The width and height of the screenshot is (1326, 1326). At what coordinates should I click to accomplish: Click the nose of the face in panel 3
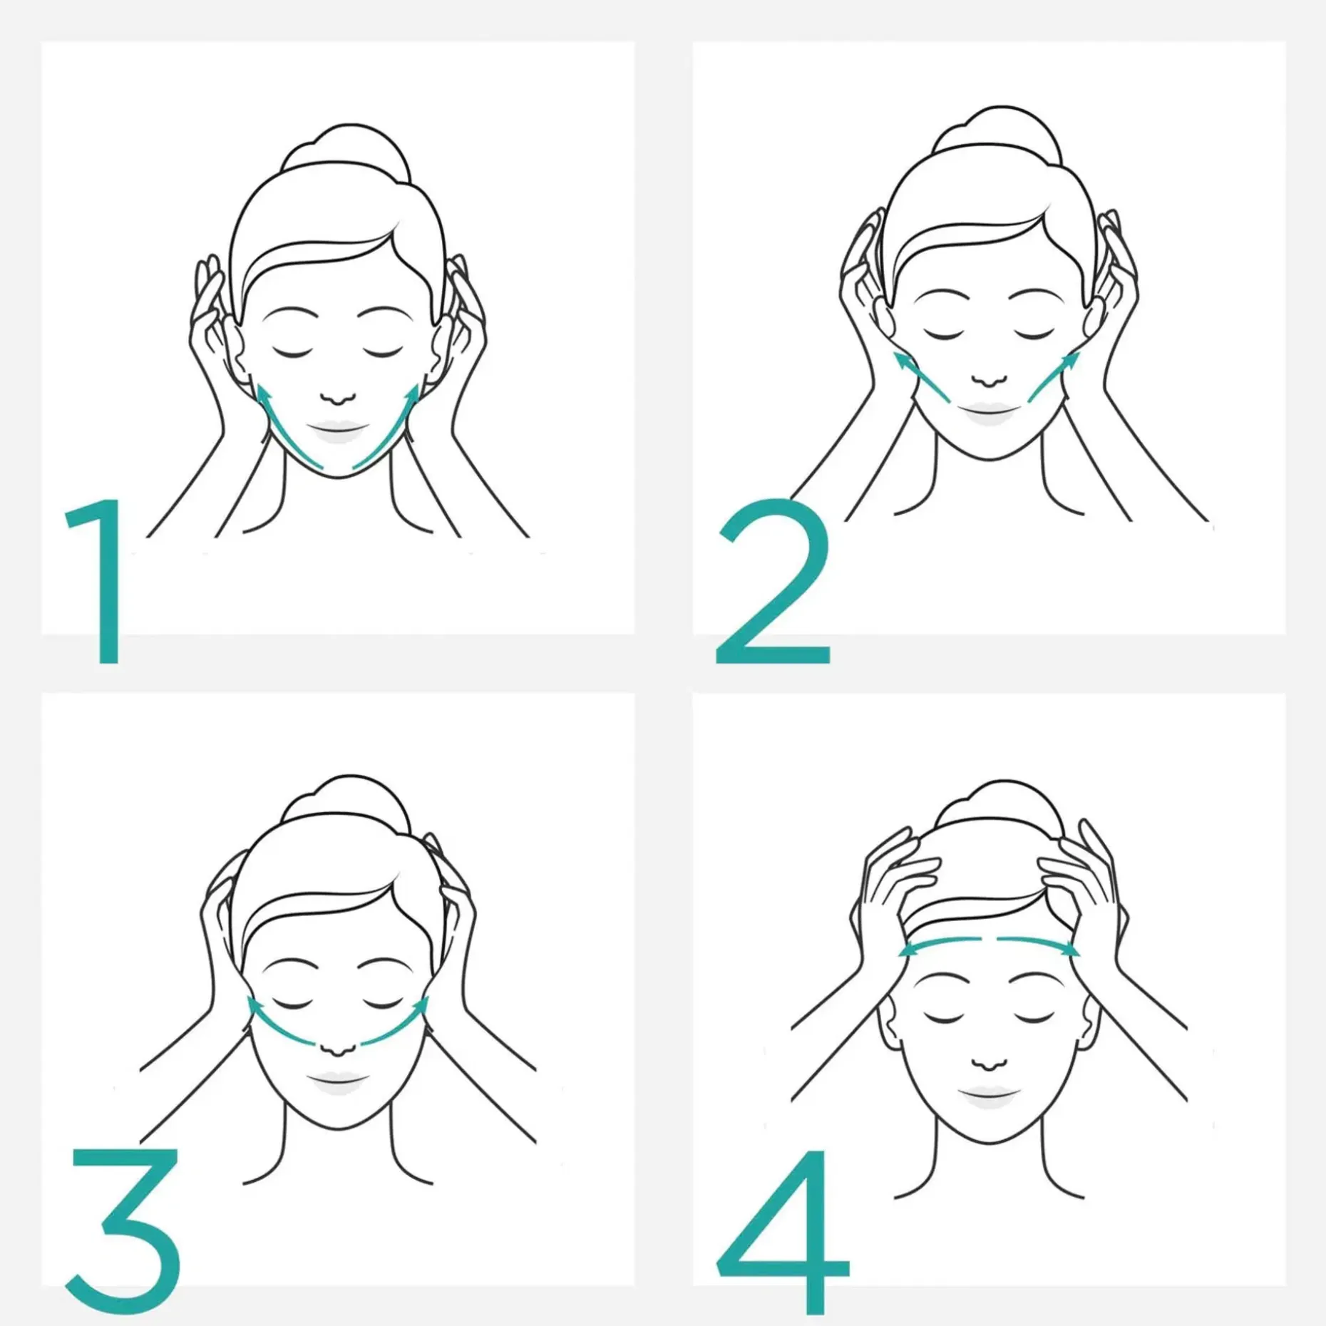[x=337, y=1048]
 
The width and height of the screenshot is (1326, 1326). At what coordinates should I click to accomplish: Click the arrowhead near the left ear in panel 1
[x=264, y=394]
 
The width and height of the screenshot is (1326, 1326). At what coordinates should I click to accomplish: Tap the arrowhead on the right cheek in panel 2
[x=1070, y=361]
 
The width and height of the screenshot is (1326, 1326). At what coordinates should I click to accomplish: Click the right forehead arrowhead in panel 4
[x=1069, y=950]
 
